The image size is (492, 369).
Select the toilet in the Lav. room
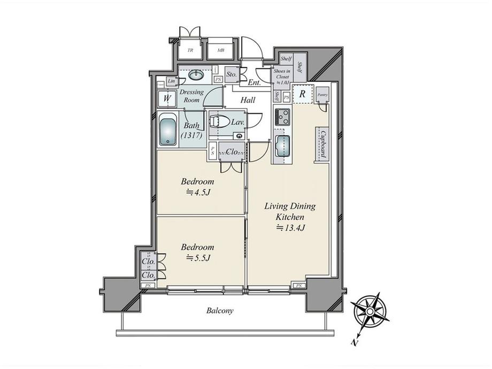[221, 122]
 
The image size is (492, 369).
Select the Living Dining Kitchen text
[290, 211]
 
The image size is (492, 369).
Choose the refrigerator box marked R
[302, 93]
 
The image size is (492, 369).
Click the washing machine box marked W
[167, 99]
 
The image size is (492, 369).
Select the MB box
[220, 51]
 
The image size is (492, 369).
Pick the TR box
[190, 51]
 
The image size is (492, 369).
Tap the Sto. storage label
[232, 74]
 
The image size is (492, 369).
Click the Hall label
[248, 100]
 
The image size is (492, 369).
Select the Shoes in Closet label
[282, 76]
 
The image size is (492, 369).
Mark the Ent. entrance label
[254, 82]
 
